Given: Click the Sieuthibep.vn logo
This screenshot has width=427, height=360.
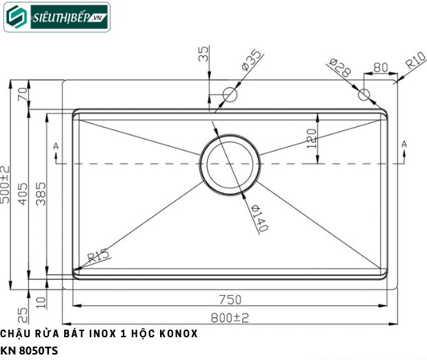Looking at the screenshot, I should coord(57,17).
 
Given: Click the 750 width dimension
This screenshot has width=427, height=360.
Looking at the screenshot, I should coord(230,299).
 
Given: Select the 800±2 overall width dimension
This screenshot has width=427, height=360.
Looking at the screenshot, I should coord(230,318).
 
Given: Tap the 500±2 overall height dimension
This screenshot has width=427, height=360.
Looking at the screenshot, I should coord(6,184).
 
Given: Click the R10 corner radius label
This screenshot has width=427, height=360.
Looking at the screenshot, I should coord(414,64).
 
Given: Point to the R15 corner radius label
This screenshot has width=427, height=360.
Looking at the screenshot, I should coord(98,257).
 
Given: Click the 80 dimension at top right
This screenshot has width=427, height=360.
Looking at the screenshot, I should coord(380,68).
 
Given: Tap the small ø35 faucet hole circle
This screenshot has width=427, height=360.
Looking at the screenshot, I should coord(230,94).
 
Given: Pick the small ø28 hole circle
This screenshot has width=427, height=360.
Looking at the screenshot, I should coord(364,94).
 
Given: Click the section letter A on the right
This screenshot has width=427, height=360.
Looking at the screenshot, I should coord(404,143).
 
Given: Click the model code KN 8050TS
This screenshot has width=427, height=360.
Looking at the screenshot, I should coord(30,351).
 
